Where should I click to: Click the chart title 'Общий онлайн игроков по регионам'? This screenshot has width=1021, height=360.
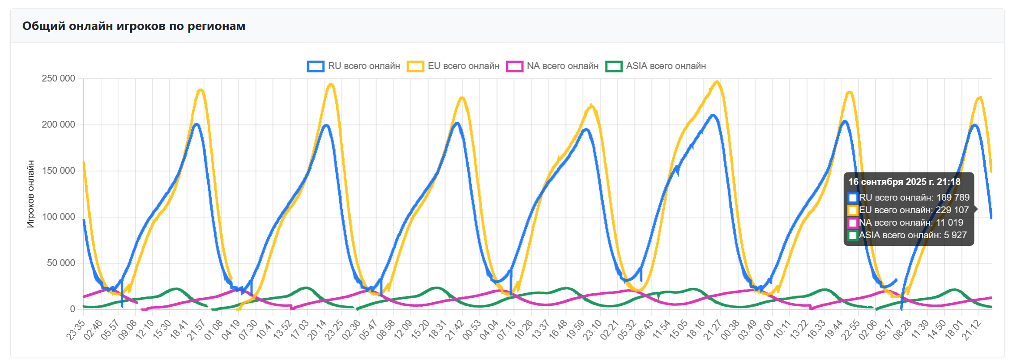point(134,26)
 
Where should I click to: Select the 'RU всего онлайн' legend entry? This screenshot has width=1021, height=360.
point(354,66)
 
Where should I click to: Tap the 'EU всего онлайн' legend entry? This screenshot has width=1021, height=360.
point(453,66)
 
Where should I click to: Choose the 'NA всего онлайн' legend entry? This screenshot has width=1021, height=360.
point(553,66)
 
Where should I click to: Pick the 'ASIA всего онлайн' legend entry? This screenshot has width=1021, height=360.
point(656,66)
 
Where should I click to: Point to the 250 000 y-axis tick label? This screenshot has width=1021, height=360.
point(58,79)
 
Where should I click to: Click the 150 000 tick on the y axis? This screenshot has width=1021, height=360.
point(58,171)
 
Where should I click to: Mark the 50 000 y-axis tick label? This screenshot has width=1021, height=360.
point(61,263)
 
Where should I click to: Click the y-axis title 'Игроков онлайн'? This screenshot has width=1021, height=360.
point(30,194)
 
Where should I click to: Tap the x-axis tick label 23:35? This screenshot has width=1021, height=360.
point(76,330)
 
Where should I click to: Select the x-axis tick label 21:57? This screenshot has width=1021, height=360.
point(197,330)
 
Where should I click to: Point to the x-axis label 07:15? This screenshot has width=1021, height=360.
point(506,330)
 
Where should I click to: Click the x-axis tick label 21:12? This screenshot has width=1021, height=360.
point(971,330)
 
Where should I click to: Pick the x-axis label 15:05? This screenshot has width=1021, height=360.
point(679,330)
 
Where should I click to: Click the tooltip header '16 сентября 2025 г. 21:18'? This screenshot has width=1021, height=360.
point(904,182)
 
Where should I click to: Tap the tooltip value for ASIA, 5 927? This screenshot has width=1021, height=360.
point(955,235)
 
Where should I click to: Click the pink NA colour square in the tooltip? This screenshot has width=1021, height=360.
point(853,223)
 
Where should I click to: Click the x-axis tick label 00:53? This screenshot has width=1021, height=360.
point(472,330)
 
